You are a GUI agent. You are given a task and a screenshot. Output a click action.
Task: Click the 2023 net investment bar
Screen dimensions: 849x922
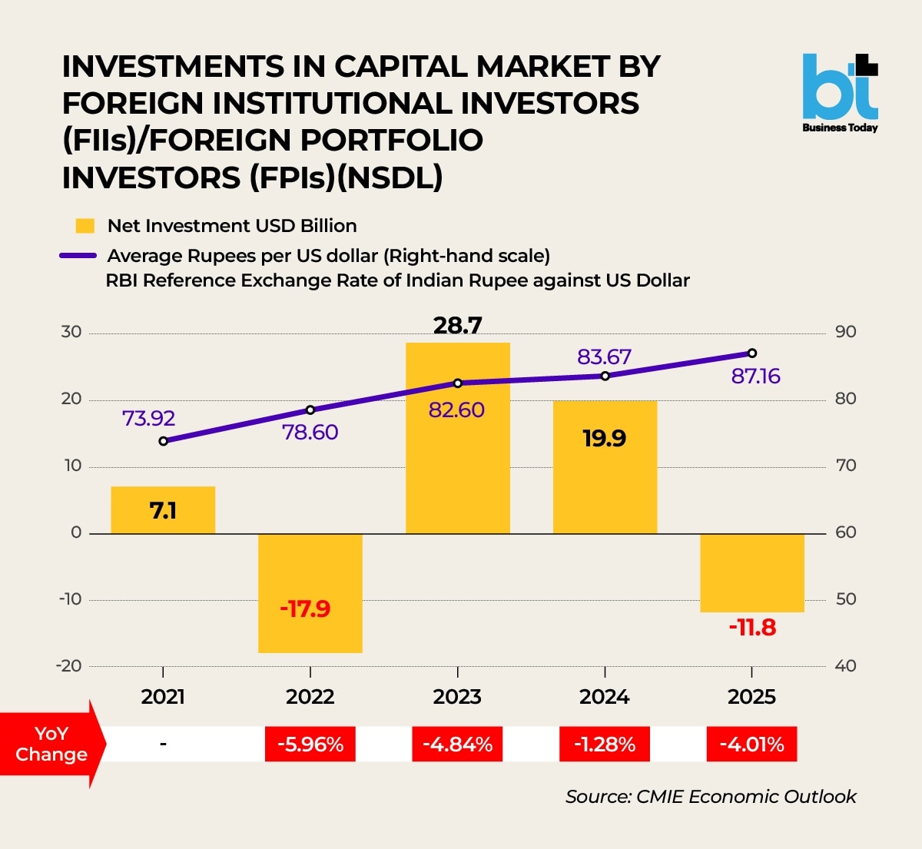[x=457, y=461]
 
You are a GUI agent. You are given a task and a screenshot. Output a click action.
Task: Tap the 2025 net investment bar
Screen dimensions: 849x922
[x=752, y=572]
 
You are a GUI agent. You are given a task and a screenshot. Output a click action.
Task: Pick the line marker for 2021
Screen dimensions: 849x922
[x=164, y=441]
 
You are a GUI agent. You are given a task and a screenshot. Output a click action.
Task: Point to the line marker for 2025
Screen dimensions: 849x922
[x=752, y=353]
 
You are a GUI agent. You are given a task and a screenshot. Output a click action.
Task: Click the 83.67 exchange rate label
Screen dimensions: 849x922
[x=604, y=357]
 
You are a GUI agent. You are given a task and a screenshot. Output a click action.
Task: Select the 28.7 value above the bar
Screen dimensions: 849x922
[x=457, y=326]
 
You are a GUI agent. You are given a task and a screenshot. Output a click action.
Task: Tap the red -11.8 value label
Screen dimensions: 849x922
[x=752, y=628]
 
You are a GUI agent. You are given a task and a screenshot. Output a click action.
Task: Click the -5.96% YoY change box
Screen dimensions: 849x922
[x=310, y=744]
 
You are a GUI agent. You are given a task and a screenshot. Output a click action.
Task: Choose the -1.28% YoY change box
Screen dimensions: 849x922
[x=605, y=744]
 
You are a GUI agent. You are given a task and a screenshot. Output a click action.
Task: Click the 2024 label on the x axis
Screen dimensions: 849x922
[x=605, y=697]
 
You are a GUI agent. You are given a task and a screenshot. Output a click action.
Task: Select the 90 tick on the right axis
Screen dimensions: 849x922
[x=845, y=332]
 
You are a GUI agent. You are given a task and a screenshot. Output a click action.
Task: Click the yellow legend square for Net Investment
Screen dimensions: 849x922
[x=85, y=226]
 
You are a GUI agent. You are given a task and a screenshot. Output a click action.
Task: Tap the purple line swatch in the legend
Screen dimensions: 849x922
[x=78, y=256]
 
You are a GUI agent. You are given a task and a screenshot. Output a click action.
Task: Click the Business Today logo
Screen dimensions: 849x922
[x=840, y=93]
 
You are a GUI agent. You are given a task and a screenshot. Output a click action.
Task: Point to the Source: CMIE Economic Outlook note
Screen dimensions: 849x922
[x=711, y=797]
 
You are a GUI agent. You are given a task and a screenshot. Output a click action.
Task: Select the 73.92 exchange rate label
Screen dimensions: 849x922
[x=148, y=419]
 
